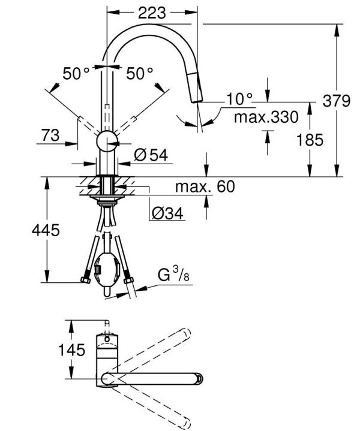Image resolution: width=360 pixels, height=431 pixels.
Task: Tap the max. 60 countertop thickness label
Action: pyautogui.click(x=204, y=186)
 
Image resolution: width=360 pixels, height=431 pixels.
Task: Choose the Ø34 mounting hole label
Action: pyautogui.click(x=166, y=212)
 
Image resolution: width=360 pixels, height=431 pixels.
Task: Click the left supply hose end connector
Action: pyautogui.click(x=85, y=280)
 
